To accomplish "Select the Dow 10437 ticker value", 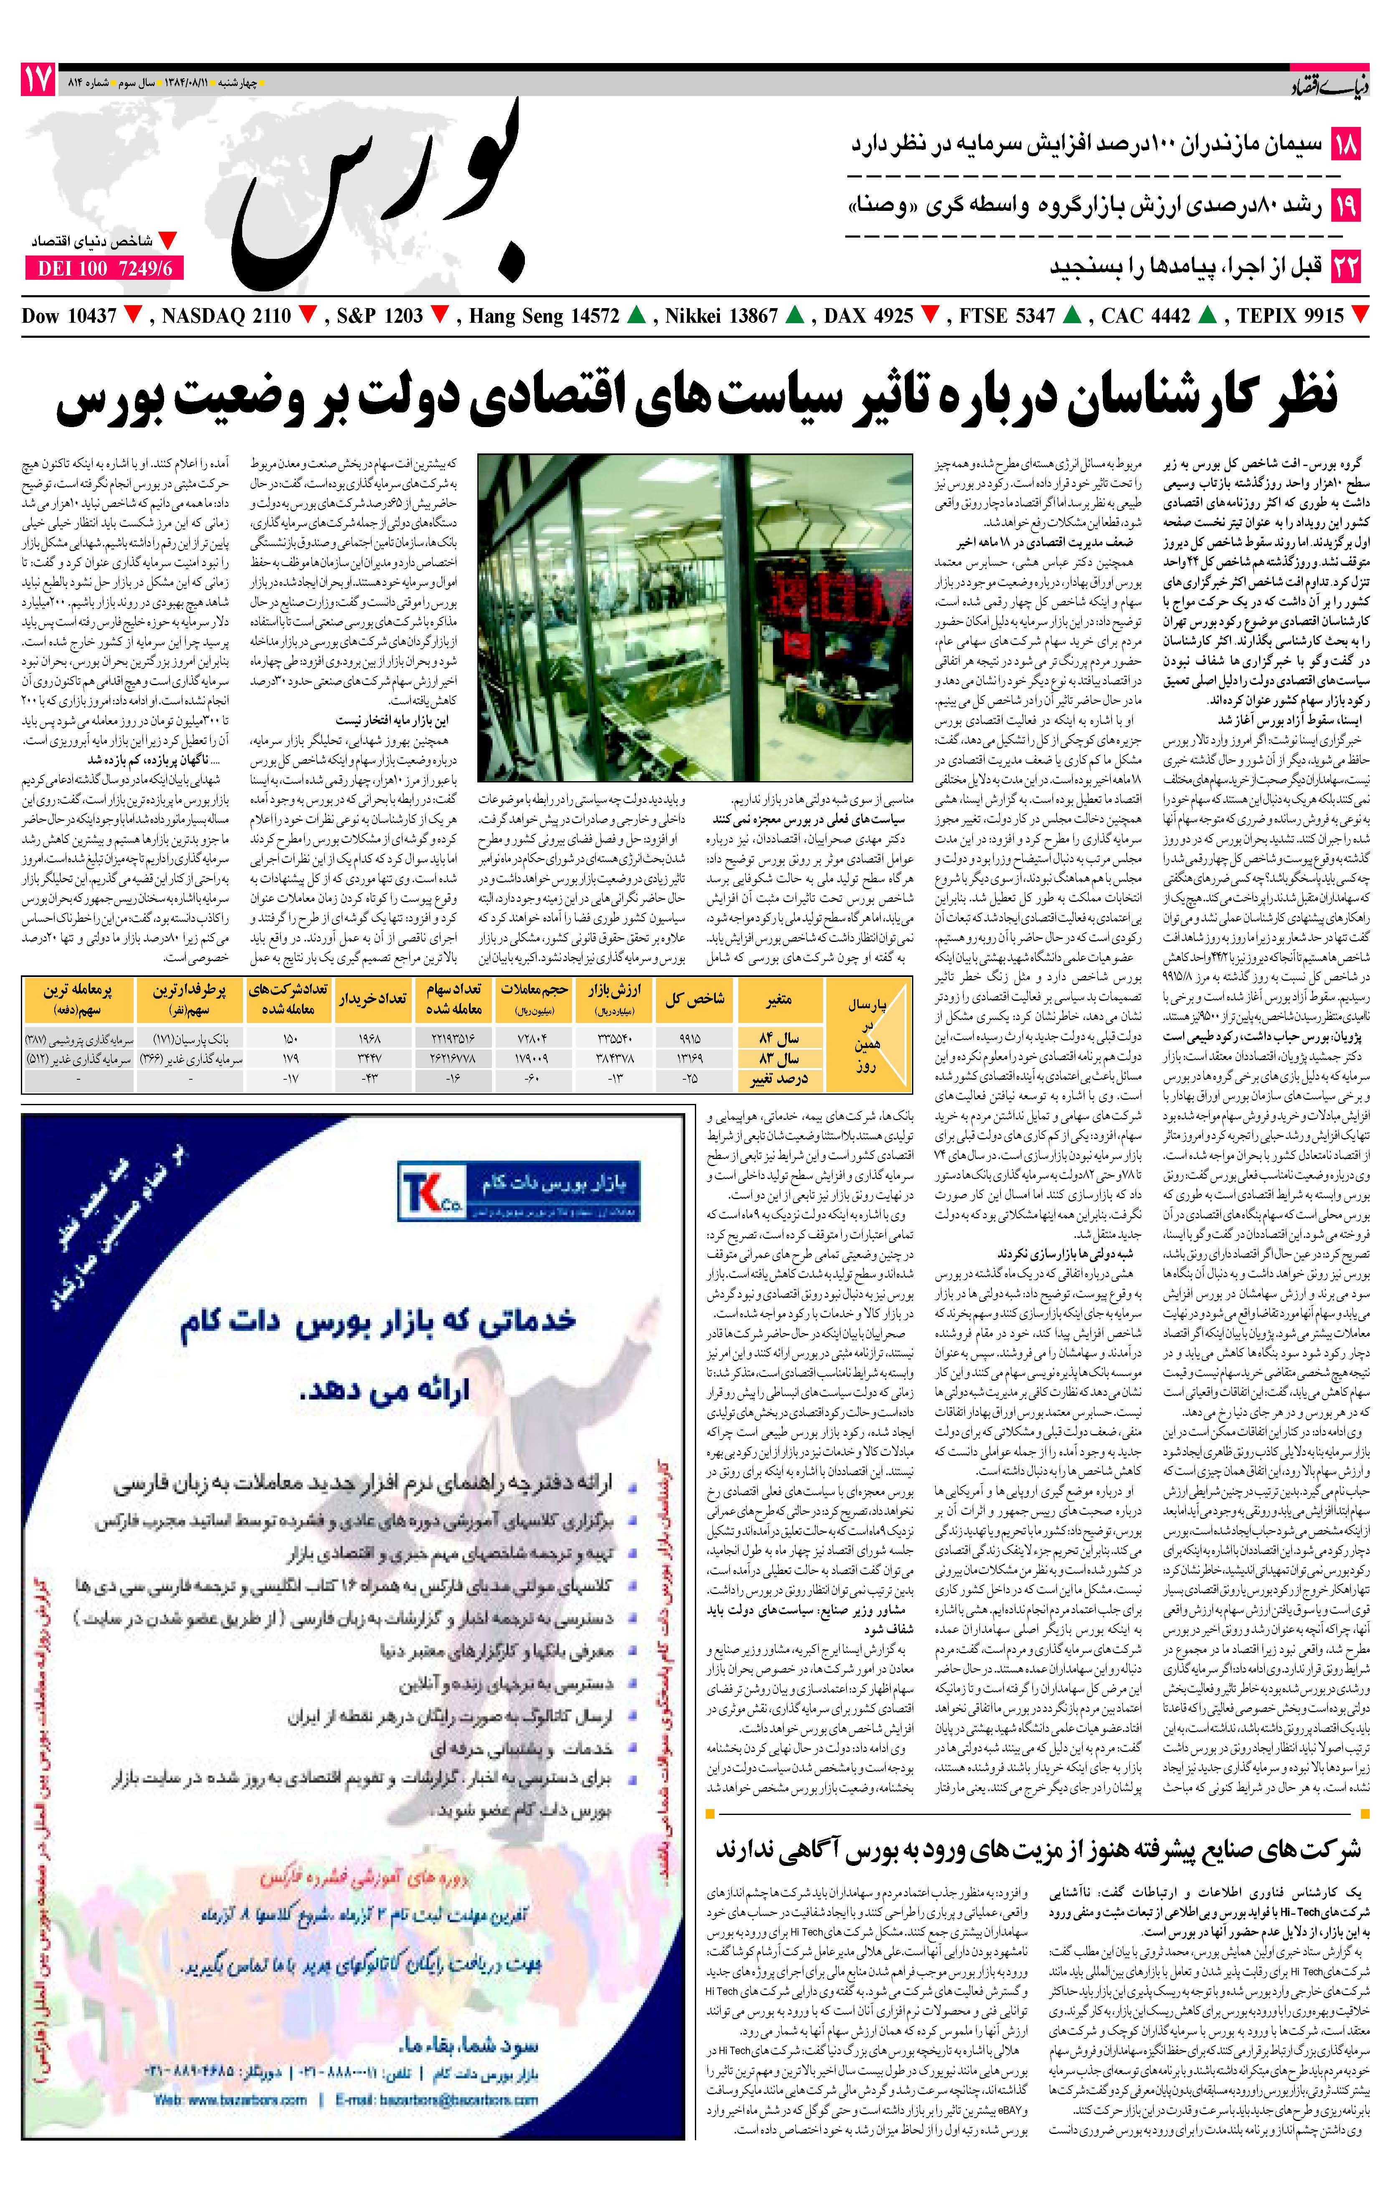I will [70, 316].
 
